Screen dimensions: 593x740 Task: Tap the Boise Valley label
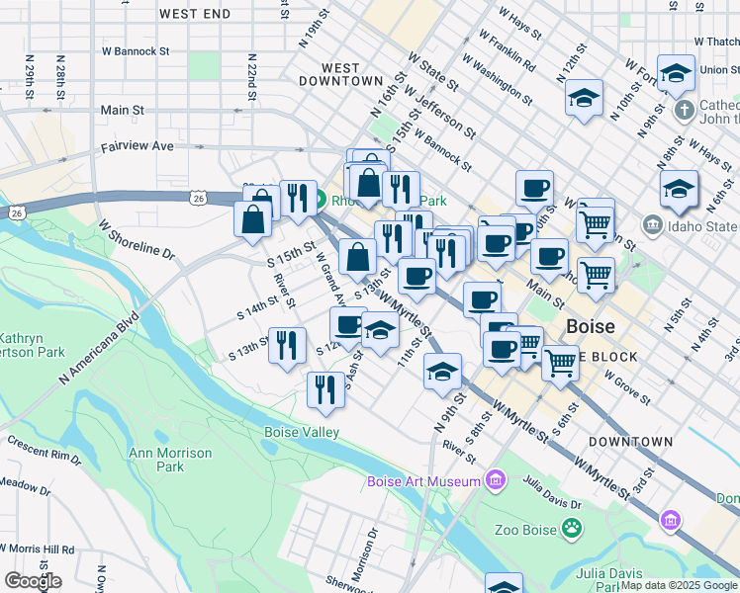point(302,432)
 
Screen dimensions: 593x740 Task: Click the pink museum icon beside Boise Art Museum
point(496,481)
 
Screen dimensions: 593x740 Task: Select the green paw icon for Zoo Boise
point(572,529)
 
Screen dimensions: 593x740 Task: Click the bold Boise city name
point(591,326)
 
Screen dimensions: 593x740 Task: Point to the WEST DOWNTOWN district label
point(340,74)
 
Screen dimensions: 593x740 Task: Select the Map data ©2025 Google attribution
point(679,585)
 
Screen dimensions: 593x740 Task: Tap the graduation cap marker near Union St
point(677,74)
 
